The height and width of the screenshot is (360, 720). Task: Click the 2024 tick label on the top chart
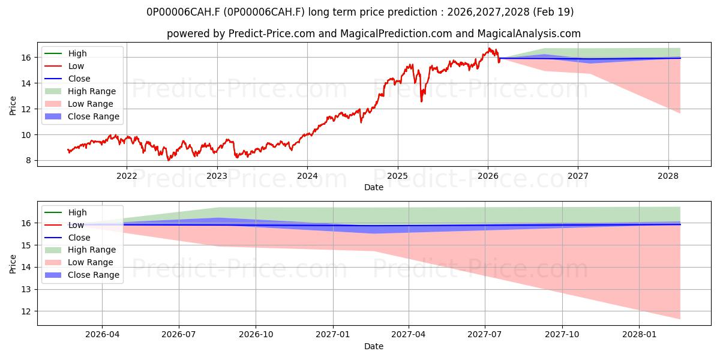point(307,176)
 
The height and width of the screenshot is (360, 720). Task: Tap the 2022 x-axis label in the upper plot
point(127,176)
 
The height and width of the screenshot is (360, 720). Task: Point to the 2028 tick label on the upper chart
point(668,176)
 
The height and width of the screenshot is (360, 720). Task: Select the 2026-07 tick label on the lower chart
point(179,335)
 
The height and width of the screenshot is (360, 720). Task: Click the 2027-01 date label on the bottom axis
point(332,335)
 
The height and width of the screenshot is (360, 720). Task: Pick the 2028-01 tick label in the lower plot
point(640,335)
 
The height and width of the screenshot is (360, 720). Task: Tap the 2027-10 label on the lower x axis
point(562,335)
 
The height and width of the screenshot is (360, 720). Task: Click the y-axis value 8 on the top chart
point(29,161)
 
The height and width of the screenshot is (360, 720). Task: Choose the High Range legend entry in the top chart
point(80,91)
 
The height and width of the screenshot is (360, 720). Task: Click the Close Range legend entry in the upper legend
point(82,116)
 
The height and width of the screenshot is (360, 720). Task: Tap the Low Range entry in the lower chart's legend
point(79,262)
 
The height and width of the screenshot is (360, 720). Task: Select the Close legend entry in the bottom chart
point(67,238)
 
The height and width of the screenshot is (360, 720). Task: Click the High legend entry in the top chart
point(65,53)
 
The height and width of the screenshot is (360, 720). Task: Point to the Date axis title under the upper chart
point(374,187)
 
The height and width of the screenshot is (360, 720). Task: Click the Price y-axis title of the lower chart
point(13,264)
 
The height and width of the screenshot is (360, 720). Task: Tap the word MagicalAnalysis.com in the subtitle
point(529,34)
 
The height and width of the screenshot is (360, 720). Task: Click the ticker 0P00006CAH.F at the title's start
point(184,12)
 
